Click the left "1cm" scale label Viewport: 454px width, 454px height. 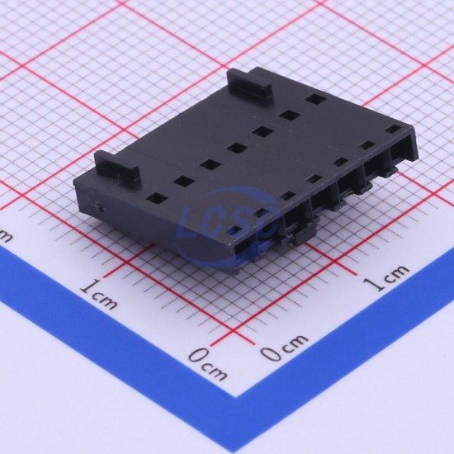pos(99,295)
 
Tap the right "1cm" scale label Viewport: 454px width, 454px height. pos(386,277)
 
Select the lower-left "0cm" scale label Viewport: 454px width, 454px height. pos(207,364)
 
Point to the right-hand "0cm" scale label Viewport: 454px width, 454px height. pos(284,347)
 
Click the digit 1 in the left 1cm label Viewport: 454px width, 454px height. pos(87,286)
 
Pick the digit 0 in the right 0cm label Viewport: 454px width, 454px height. pos(270,353)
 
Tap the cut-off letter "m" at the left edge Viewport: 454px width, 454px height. pos(5,236)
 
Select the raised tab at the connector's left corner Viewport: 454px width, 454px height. pos(116,166)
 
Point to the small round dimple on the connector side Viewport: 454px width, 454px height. pos(99,206)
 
